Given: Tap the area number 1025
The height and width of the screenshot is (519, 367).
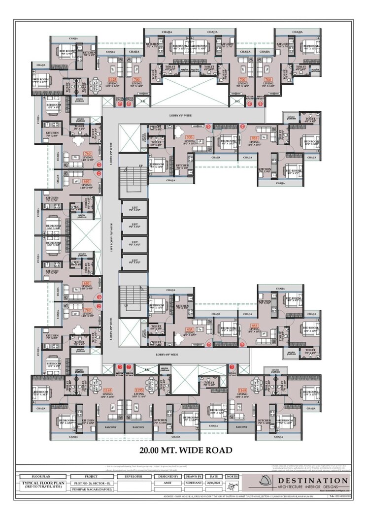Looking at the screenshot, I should coord(112,79).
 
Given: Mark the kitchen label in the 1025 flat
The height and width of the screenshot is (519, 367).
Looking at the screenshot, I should coord(89,54).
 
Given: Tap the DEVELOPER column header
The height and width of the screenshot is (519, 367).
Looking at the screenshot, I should coord(133,477).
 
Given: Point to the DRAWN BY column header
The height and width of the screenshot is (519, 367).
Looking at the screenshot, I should coord(193,477).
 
